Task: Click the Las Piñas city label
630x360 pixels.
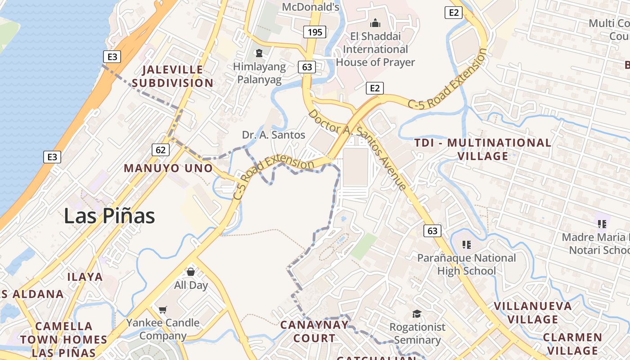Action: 109,216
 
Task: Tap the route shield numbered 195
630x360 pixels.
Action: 315,32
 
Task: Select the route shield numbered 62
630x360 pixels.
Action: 161,150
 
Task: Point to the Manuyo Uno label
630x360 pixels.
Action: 168,168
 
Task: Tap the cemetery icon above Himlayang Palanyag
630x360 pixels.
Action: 259,54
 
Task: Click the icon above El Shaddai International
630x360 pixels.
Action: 375,22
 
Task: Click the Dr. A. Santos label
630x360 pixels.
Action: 274,135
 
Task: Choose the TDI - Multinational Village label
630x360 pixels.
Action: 483,149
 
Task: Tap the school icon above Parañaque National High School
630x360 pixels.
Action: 467,245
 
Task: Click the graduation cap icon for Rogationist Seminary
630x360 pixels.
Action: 417,314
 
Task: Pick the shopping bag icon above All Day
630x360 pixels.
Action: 191,272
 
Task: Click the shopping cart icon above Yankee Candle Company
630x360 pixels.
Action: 163,310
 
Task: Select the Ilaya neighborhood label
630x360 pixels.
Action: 85,277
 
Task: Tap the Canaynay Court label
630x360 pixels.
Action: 314,332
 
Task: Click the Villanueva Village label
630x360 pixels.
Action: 533,313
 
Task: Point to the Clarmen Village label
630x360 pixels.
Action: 572,344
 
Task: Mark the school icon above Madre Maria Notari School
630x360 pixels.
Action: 602,224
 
